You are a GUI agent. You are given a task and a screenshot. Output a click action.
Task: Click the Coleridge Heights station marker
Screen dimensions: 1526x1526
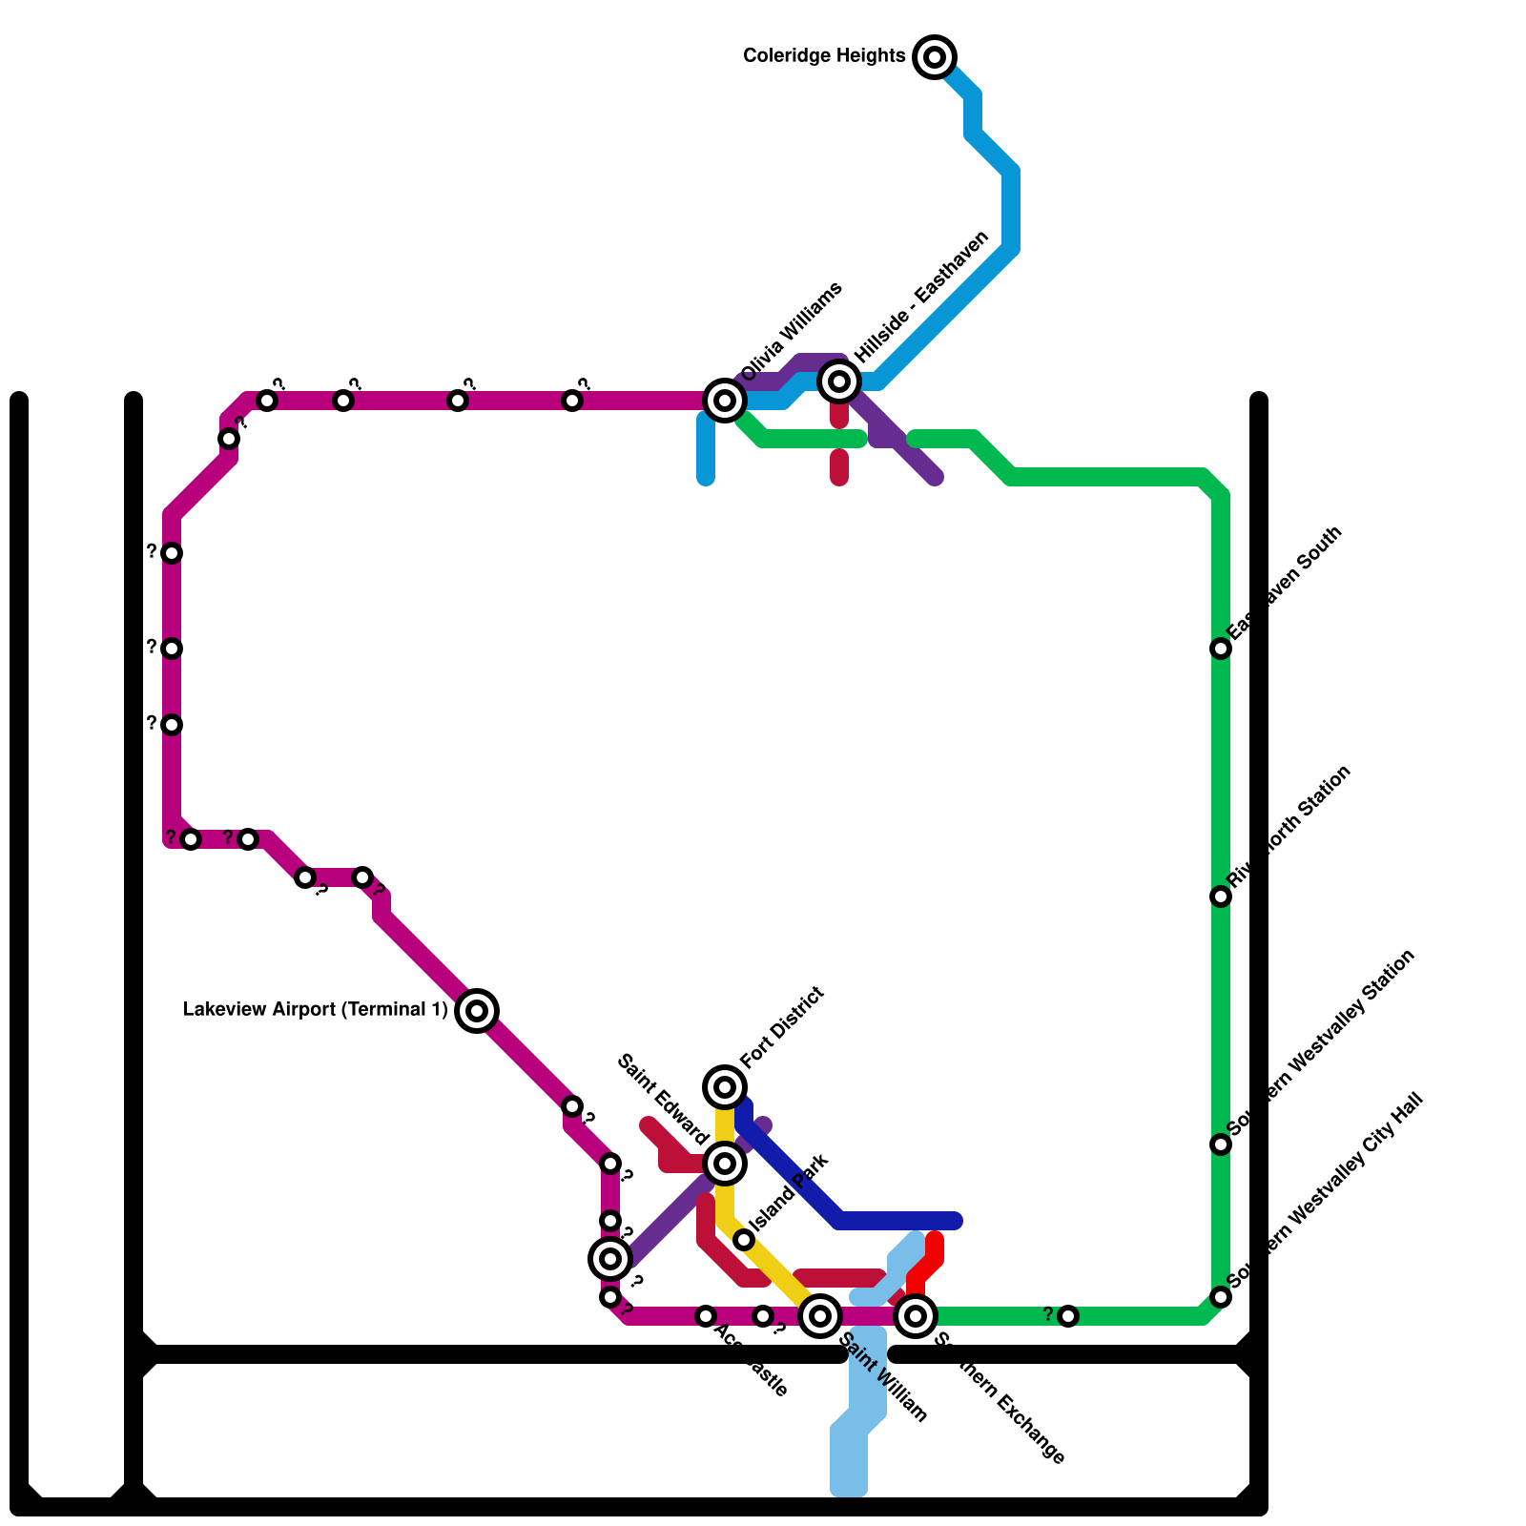(935, 57)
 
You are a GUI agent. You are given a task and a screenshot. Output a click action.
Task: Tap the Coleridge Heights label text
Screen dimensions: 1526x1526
(824, 56)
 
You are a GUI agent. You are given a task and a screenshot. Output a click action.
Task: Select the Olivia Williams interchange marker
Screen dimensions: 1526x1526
(725, 401)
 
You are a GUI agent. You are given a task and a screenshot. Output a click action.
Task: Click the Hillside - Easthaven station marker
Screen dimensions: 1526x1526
(839, 381)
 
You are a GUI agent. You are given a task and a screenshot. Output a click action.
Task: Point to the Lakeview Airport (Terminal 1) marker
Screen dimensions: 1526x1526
(477, 1011)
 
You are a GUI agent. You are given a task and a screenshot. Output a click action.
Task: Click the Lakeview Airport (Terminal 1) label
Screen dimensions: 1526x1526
(315, 1010)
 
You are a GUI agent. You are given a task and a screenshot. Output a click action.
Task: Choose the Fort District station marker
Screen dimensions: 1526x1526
(725, 1087)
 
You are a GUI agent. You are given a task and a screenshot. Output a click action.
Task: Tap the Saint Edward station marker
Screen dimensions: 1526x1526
(725, 1164)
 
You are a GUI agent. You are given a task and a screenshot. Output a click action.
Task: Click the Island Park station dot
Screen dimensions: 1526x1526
(744, 1240)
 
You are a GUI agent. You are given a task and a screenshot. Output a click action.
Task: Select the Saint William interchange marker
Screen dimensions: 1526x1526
(820, 1316)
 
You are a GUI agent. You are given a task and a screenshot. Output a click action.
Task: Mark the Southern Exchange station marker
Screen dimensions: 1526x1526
(916, 1316)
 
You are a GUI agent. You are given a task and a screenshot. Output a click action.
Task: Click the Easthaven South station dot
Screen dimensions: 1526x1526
(1221, 649)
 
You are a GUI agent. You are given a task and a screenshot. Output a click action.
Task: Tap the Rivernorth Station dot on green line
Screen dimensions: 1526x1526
(1221, 897)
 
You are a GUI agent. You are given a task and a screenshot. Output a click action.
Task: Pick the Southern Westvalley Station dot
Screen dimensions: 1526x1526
(1221, 1144)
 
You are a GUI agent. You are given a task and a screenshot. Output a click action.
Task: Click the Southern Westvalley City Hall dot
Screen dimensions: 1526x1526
(1221, 1297)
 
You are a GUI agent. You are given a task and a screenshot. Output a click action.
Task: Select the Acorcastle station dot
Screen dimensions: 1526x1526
(706, 1316)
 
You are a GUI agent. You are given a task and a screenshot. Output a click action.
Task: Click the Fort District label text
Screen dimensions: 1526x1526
(782, 1027)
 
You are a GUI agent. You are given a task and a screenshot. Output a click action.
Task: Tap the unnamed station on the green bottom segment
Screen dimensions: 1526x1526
(1068, 1316)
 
